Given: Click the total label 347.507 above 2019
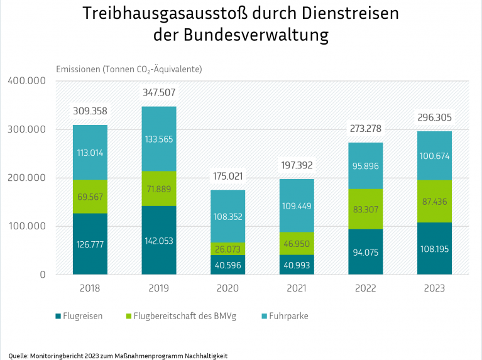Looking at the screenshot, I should click(159, 92).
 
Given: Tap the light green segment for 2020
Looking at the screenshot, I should click(227, 248).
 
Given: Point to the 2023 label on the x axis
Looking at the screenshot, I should click(434, 288).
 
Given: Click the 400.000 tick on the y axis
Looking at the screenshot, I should click(26, 81).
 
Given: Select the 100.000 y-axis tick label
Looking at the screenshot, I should click(26, 226).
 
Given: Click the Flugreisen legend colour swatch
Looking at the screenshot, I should click(58, 316).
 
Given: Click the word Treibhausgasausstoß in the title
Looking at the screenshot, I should click(163, 14).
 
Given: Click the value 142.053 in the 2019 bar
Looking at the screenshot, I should click(159, 241).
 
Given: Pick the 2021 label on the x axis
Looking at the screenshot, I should click(296, 288).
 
